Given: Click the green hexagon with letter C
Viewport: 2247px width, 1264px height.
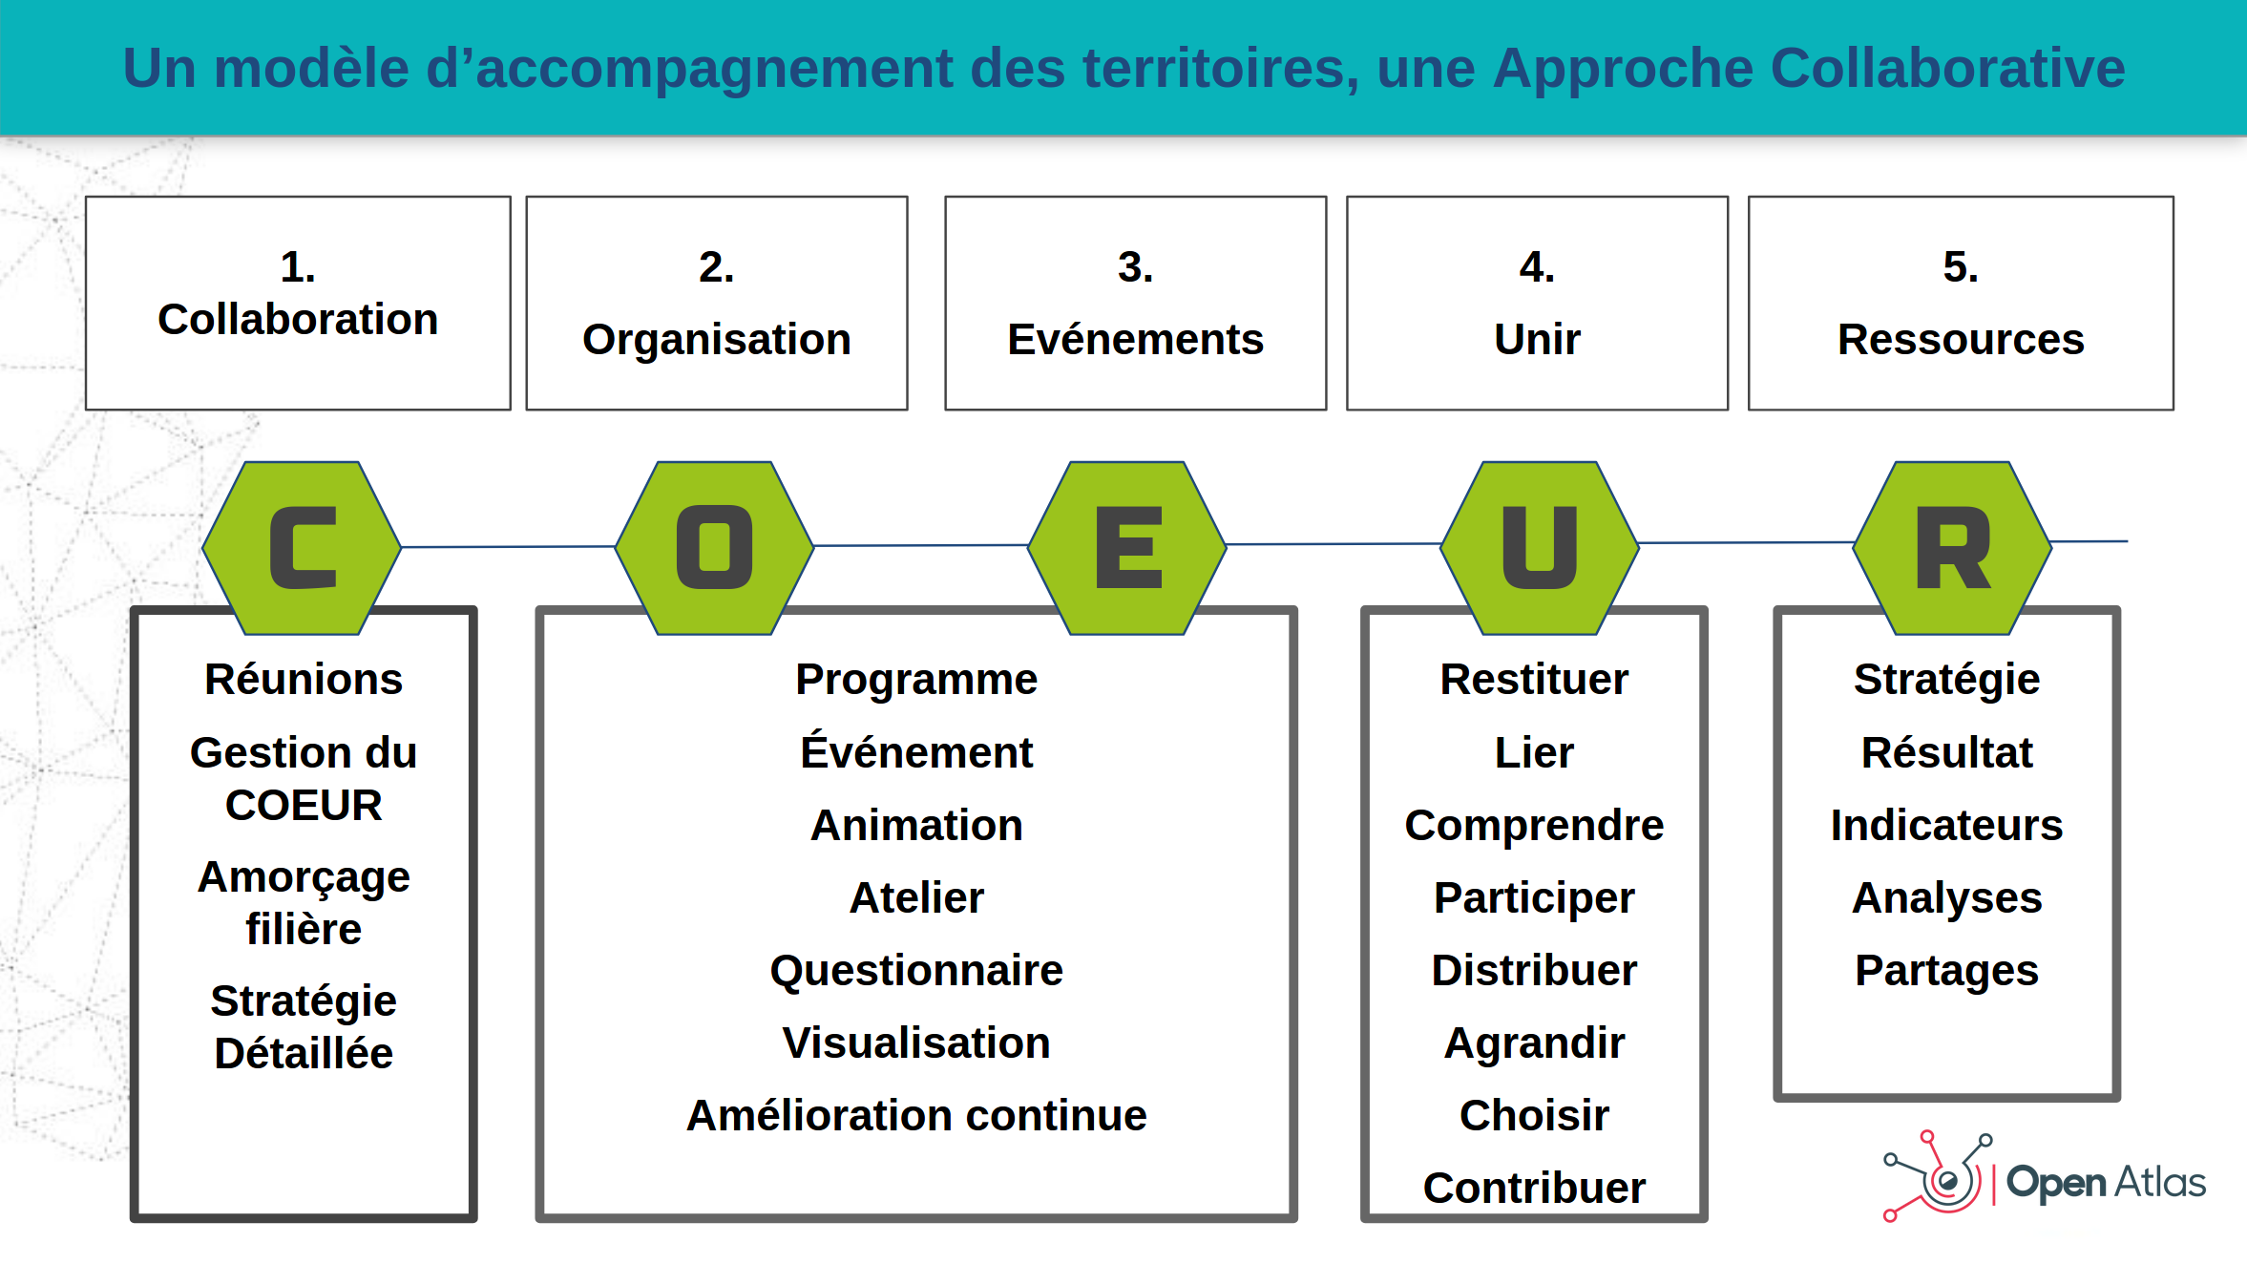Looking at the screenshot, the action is tap(302, 548).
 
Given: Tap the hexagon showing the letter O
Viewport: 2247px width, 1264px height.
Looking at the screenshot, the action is tap(714, 548).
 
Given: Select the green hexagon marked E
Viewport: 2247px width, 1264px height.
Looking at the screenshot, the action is tap(1127, 548).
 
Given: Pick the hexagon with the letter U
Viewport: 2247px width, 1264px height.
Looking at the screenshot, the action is tap(1540, 548).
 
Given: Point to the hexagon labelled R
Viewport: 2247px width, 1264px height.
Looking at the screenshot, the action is tap(1952, 548).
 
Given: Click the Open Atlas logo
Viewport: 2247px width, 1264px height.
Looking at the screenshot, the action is tap(2044, 1177).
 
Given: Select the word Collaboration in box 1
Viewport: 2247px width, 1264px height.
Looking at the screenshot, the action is tap(298, 319).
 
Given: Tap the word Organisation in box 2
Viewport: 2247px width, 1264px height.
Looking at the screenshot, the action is tap(717, 340).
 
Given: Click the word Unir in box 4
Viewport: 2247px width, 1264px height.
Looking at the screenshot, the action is tap(1537, 339).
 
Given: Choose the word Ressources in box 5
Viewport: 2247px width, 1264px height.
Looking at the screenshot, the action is tap(1961, 339).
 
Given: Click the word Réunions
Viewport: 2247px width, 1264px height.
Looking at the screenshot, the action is tap(304, 679).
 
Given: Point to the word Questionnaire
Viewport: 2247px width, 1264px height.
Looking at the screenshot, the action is tap(916, 970).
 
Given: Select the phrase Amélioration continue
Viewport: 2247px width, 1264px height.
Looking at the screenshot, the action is tap(916, 1115).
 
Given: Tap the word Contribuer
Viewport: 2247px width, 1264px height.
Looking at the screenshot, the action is tap(1534, 1188).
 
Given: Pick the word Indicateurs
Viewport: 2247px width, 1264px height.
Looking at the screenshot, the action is tap(1946, 825).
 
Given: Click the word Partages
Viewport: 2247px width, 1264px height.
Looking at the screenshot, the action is tap(1946, 971).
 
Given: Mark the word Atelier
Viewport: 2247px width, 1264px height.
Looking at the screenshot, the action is tap(916, 897).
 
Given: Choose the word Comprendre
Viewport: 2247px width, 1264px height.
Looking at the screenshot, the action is tap(1534, 826).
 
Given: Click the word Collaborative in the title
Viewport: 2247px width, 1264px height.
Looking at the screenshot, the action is tap(1947, 68).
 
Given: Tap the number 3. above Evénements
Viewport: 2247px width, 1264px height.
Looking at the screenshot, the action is tap(1135, 266).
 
